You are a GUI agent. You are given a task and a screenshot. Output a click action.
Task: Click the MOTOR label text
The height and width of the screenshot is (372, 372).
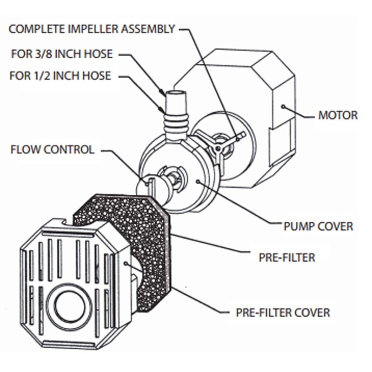338,115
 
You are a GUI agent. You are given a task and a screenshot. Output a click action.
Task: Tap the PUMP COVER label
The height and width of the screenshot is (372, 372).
318,226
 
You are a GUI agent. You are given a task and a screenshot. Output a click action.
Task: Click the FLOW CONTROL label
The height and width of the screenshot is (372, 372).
52,150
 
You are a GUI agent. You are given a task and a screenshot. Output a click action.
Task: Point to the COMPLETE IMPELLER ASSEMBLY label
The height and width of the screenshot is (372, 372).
92,29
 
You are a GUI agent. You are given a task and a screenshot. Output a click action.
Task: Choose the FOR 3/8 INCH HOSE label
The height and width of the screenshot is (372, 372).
61,54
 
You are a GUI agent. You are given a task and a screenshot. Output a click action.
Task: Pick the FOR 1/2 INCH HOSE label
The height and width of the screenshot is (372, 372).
60,75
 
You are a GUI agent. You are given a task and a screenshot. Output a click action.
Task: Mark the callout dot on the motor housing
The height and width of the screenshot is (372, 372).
283,106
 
